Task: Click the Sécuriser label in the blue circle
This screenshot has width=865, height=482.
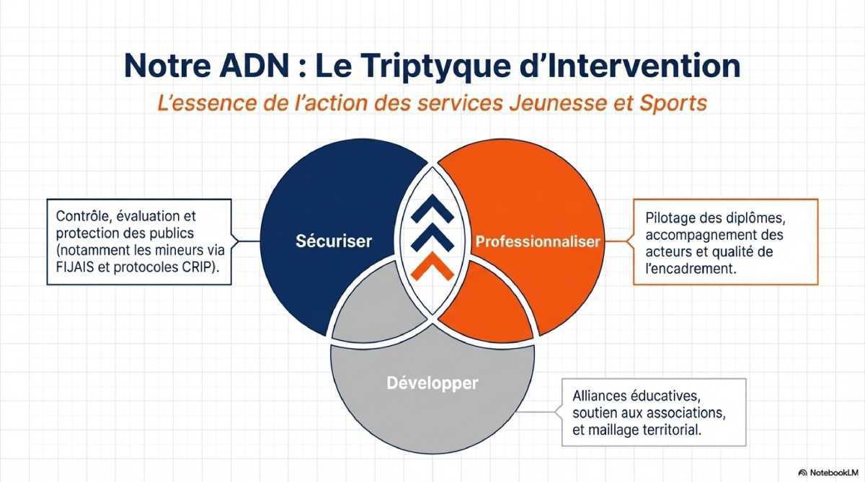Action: point(334,241)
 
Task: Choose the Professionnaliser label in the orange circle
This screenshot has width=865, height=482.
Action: point(537,241)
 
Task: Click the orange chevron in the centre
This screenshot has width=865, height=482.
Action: point(433,268)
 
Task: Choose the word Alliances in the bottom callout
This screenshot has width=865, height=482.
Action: point(600,396)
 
